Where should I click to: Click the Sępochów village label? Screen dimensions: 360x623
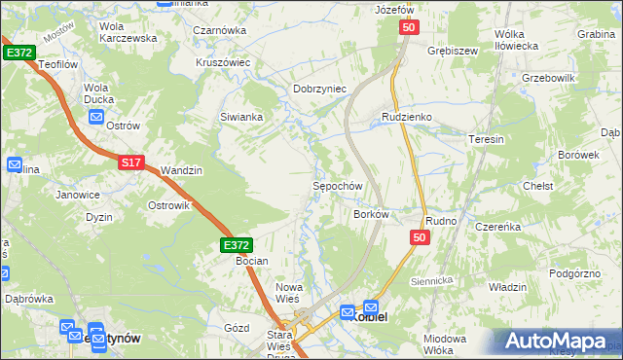point(337,186)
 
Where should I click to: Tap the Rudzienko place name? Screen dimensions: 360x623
point(406,118)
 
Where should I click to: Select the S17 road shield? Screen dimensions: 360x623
point(132,163)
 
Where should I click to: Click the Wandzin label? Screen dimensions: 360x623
point(181,170)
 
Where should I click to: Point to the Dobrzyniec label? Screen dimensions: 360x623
point(320,89)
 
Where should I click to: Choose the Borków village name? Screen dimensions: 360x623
point(372,214)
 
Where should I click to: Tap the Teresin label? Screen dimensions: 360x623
point(487,139)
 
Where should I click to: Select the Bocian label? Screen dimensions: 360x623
point(251,262)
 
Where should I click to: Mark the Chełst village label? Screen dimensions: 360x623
point(538,186)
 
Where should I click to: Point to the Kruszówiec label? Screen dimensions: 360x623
point(222,61)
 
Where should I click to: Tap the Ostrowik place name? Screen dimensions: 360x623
point(166,205)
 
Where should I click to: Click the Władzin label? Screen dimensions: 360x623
point(507,287)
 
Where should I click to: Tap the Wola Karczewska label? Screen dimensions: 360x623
point(128,32)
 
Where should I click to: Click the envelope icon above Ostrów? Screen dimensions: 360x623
point(95,117)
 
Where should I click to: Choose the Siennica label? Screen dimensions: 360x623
point(433,280)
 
